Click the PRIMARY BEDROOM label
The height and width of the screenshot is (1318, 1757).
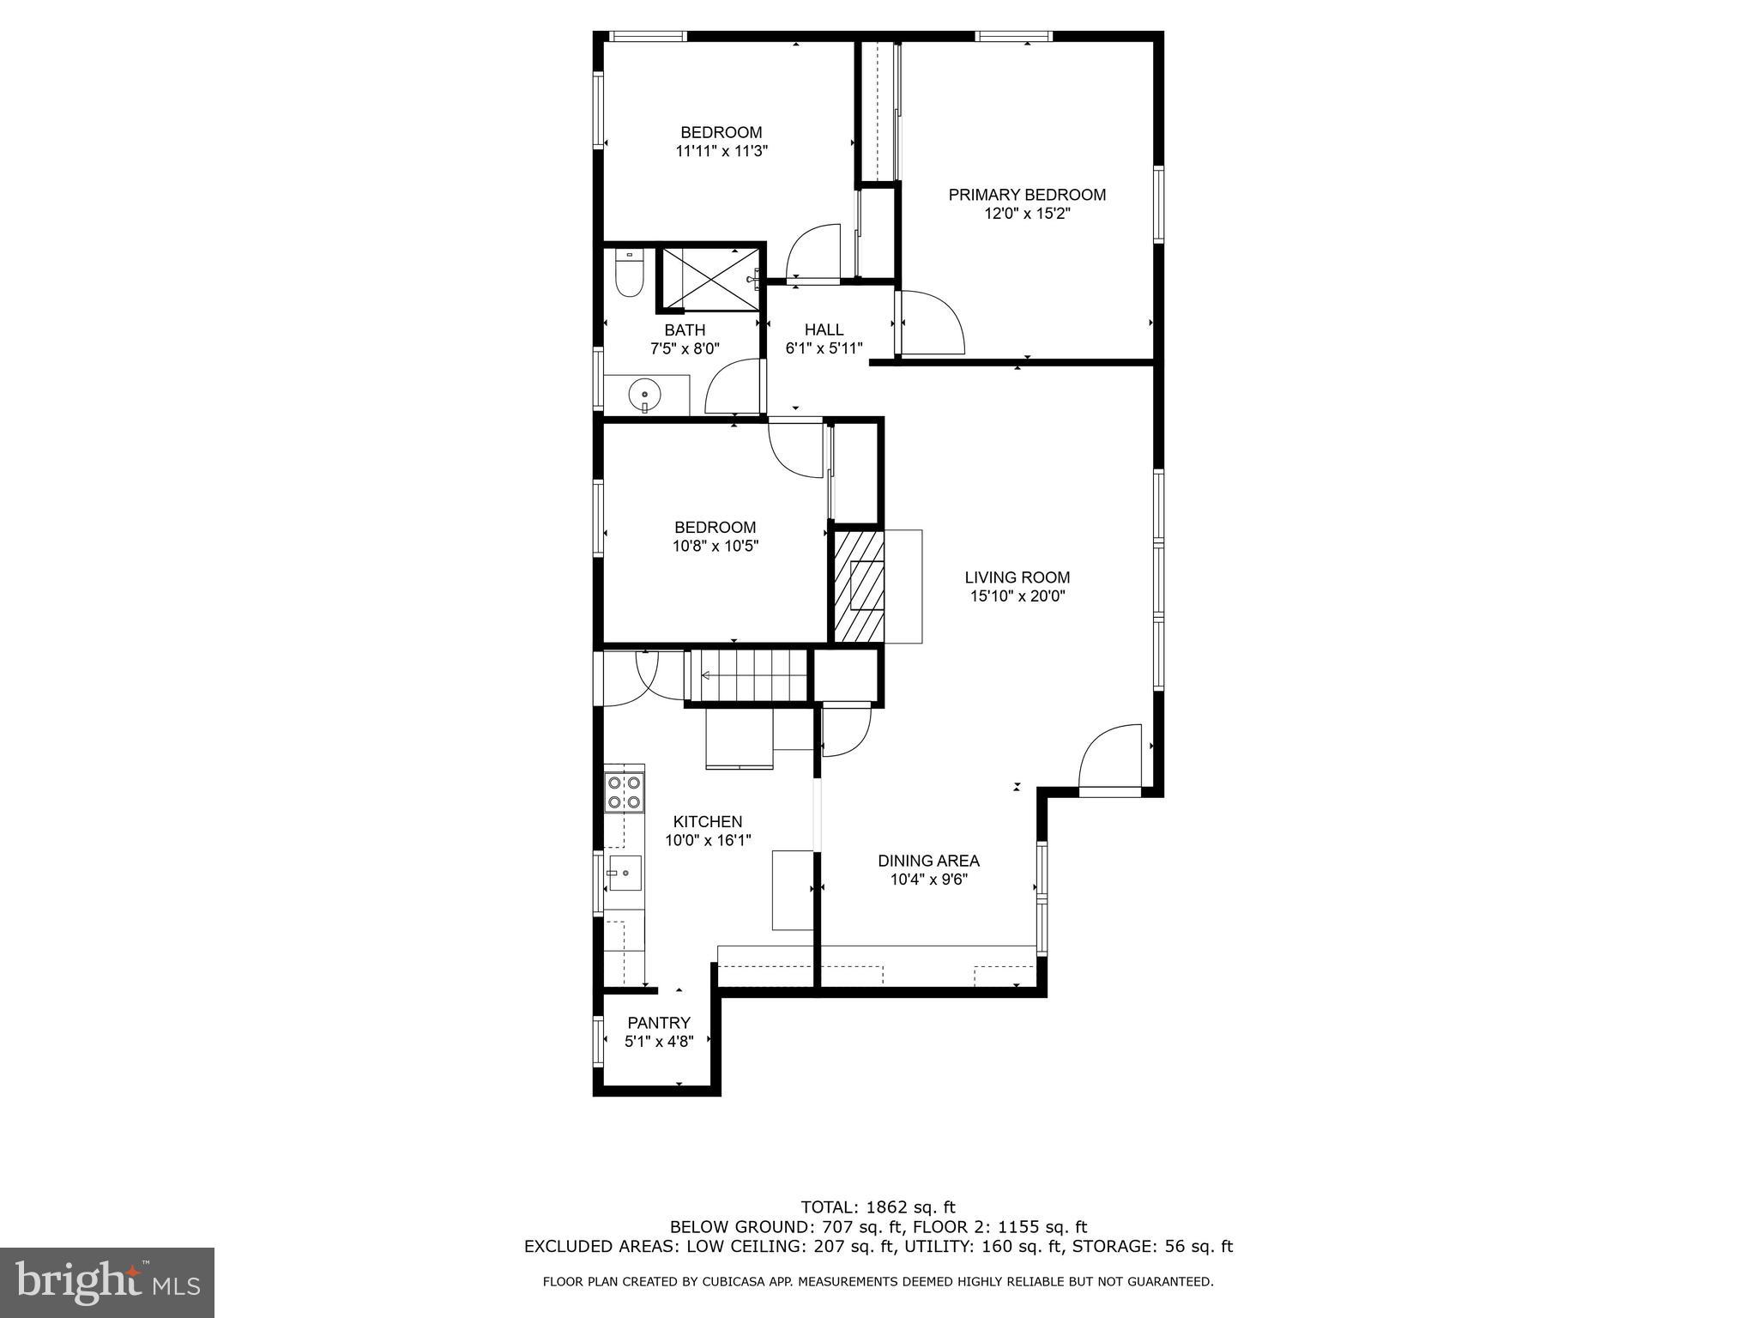click(x=1027, y=195)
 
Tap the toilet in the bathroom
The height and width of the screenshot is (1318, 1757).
click(x=630, y=275)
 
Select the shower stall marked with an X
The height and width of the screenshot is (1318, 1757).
click(x=709, y=278)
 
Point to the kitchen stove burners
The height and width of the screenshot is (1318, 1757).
click(x=624, y=792)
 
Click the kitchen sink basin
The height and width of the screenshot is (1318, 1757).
click(x=625, y=873)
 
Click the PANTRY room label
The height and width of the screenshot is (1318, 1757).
click(x=659, y=1023)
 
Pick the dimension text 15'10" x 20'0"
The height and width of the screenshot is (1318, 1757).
click(x=1017, y=596)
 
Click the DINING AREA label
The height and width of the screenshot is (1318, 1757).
click(x=928, y=861)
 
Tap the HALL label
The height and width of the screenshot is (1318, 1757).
click(x=824, y=329)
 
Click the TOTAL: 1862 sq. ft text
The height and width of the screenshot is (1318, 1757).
click(x=878, y=1207)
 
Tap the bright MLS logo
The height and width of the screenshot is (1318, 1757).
click(x=107, y=1282)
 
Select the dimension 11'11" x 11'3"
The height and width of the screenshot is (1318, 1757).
click(x=721, y=151)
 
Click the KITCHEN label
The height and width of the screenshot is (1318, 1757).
click(x=707, y=821)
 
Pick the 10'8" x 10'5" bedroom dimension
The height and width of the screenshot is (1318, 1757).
click(x=715, y=546)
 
